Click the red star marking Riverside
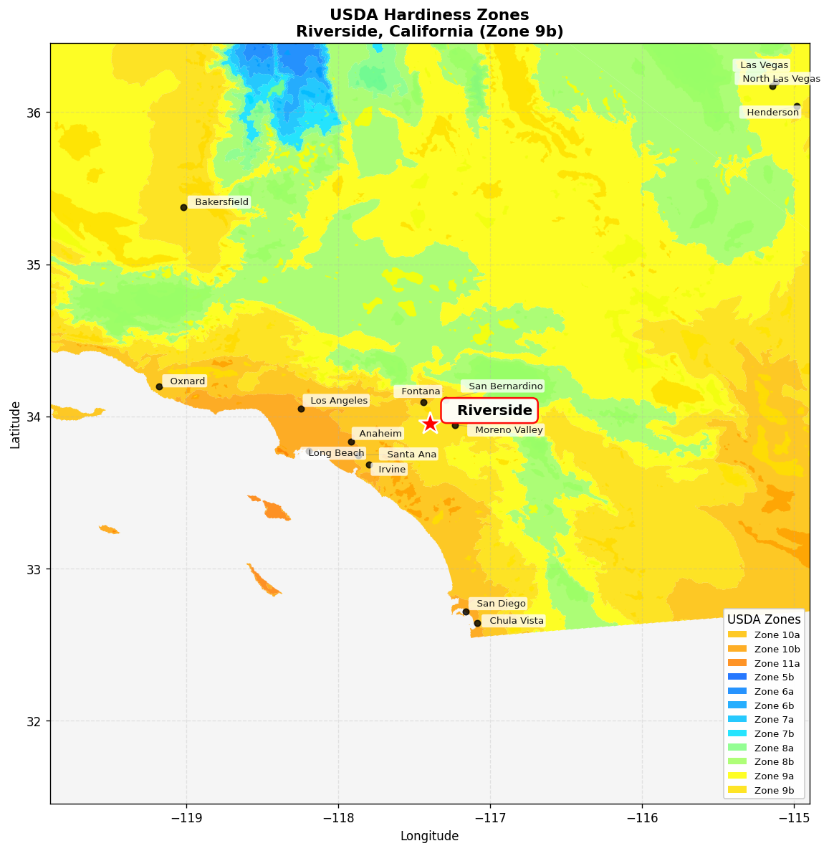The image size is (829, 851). click(430, 424)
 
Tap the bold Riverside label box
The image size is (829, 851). click(489, 411)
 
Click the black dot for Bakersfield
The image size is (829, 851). click(183, 207)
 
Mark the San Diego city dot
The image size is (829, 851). click(466, 612)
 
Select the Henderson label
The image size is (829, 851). click(772, 113)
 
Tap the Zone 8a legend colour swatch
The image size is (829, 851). click(737, 748)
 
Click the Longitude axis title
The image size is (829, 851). click(429, 836)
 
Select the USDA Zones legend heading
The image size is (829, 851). click(764, 619)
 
